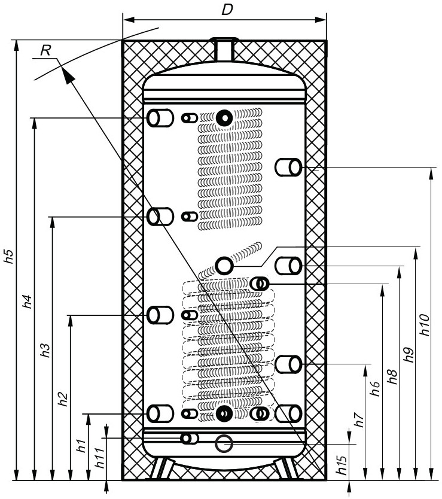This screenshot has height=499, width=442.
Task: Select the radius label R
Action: pyautogui.click(x=45, y=50)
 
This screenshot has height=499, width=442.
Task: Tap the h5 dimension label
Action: pyautogui.click(x=9, y=256)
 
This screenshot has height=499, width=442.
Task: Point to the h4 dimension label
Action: pyautogui.click(x=28, y=302)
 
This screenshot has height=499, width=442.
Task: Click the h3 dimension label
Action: pyautogui.click(x=45, y=351)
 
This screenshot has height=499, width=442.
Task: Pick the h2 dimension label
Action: pyautogui.click(x=63, y=400)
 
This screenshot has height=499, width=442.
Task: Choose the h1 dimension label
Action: pyautogui.click(x=81, y=446)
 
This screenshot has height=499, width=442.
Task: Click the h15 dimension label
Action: pyautogui.click(x=342, y=465)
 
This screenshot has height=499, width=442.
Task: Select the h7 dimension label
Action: pyautogui.click(x=359, y=420)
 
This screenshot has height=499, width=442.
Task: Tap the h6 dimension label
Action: pyautogui.click(x=376, y=388)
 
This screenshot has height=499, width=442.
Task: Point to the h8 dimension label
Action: pyautogui.click(x=393, y=377)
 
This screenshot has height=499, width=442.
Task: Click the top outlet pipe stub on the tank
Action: pyautogui.click(x=225, y=48)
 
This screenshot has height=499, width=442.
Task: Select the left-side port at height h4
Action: pyautogui.click(x=160, y=118)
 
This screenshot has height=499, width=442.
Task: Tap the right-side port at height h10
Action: pyautogui.click(x=288, y=167)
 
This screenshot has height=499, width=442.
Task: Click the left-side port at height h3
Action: pyautogui.click(x=160, y=217)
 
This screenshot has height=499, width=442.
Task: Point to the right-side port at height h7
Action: pyautogui.click(x=288, y=364)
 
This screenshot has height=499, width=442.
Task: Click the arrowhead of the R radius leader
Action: pyautogui.click(x=67, y=75)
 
